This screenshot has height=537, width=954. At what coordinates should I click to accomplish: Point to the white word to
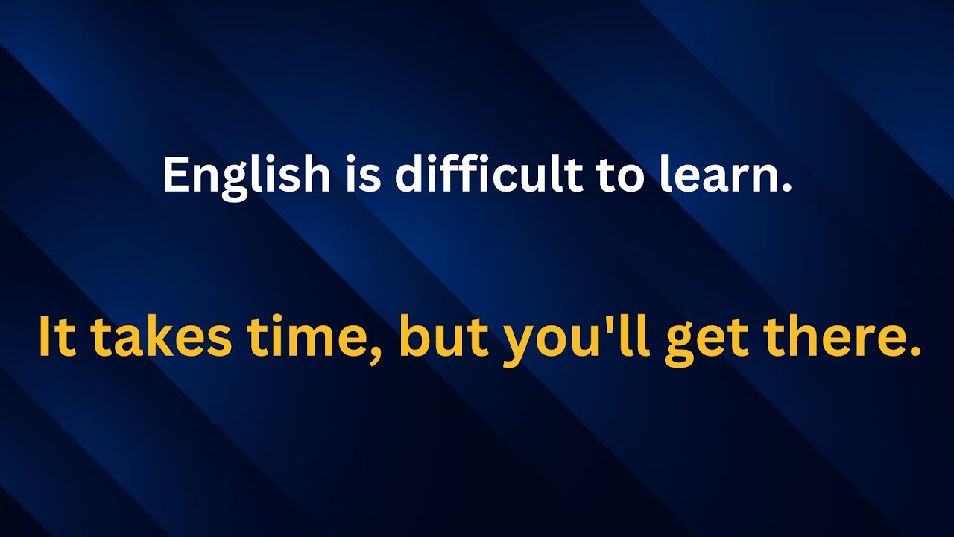pos(619,176)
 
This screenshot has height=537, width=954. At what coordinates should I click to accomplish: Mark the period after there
pos(915,351)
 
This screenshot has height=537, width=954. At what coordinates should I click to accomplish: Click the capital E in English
pos(175,176)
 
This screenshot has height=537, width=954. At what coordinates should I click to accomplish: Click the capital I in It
pos(44,337)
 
